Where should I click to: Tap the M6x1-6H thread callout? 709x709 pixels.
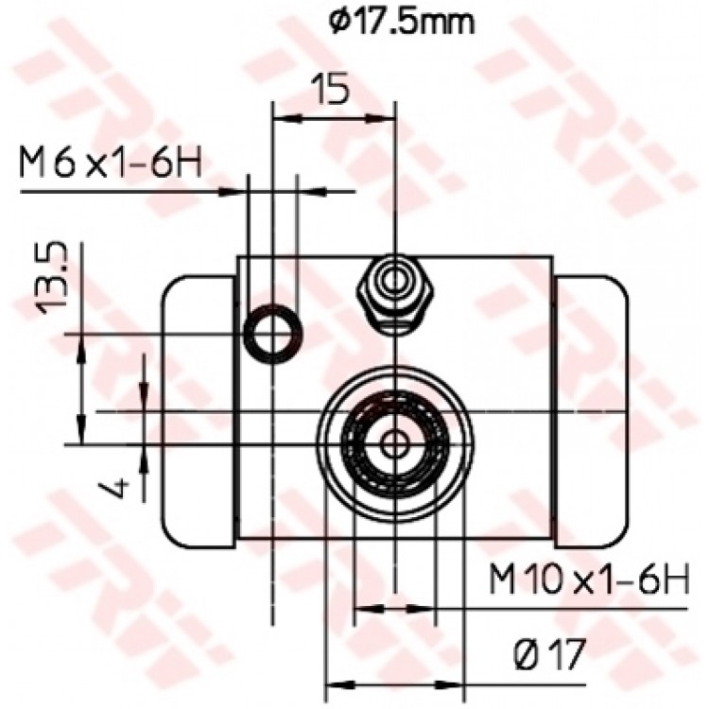111,162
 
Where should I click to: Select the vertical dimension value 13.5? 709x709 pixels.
52,278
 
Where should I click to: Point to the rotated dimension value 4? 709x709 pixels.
117,489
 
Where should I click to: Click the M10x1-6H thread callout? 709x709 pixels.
589,579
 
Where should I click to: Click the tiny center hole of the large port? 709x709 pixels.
394,444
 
